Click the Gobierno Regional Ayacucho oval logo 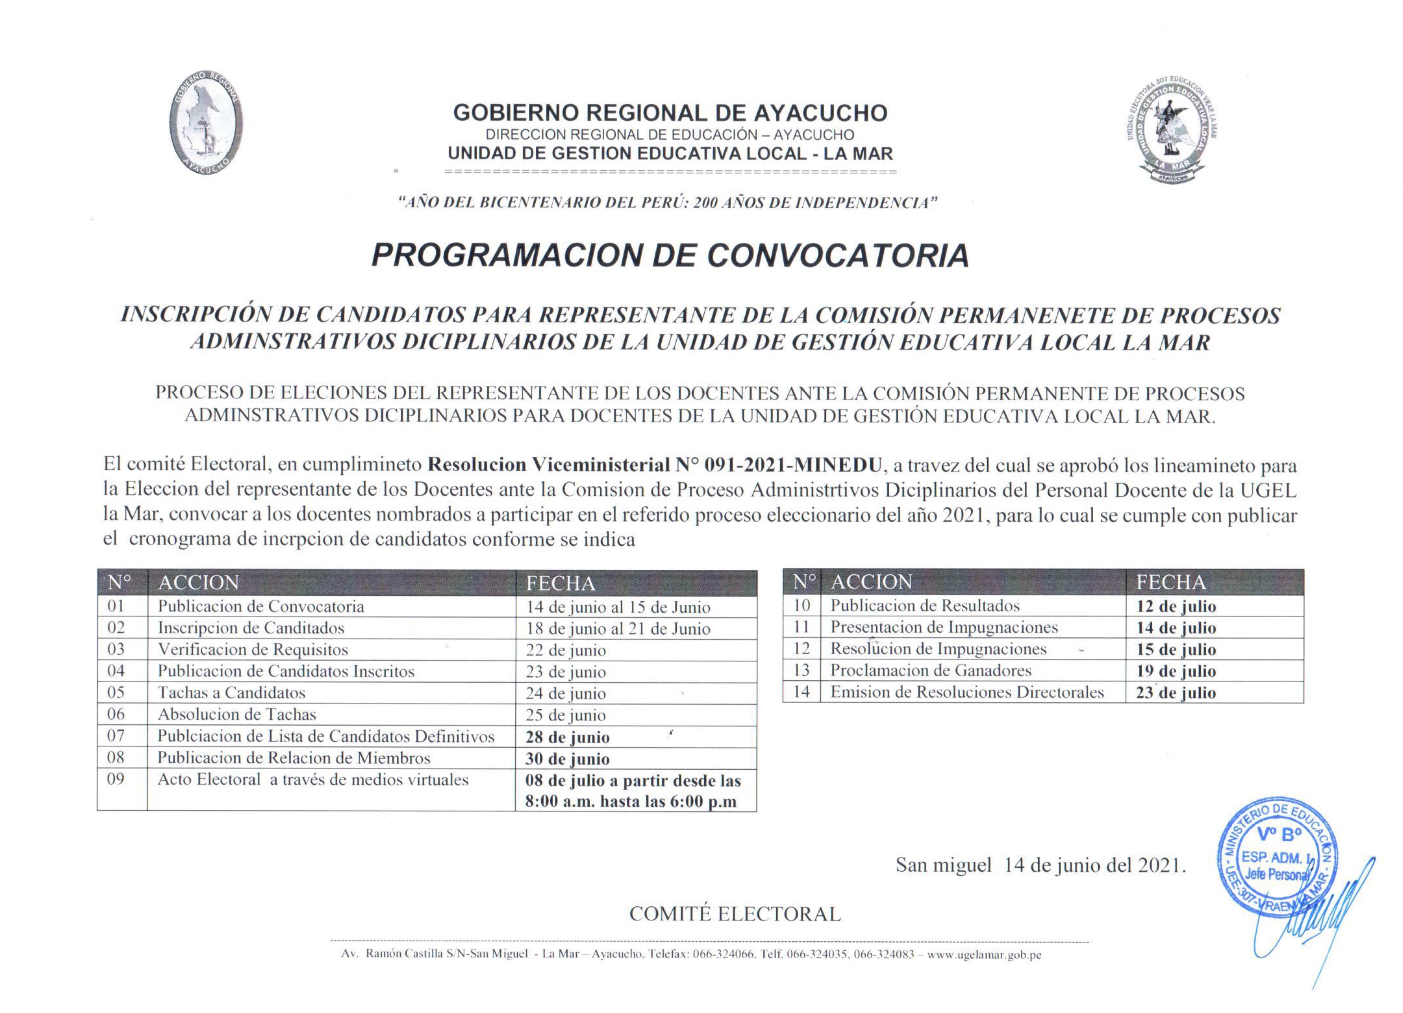pyautogui.click(x=205, y=124)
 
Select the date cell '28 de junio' pyautogui.click(x=567, y=737)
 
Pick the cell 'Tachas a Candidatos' pyautogui.click(x=231, y=693)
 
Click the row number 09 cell pyautogui.click(x=116, y=779)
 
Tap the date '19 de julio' pyautogui.click(x=1175, y=671)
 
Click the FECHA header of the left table pyautogui.click(x=561, y=583)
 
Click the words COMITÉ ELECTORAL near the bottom pyautogui.click(x=735, y=914)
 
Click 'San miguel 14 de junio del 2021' pyautogui.click(x=1040, y=865)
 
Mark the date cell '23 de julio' pyautogui.click(x=1175, y=693)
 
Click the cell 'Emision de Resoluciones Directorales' pyautogui.click(x=967, y=692)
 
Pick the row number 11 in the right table pyautogui.click(x=802, y=627)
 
